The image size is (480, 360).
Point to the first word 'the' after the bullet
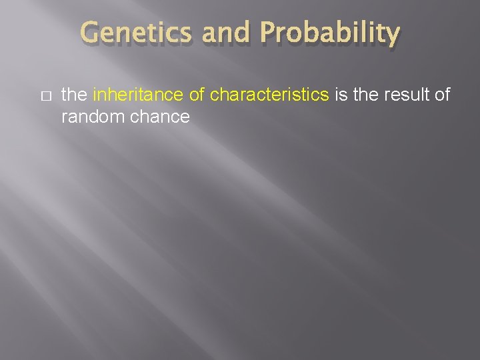[x=73, y=95]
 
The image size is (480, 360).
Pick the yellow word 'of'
[x=197, y=95]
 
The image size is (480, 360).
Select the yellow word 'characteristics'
[x=269, y=95]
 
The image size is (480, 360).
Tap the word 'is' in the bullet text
[x=341, y=95]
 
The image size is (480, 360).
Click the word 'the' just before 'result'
[x=365, y=95]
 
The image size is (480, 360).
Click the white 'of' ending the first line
[x=443, y=95]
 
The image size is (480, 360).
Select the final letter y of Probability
[x=393, y=35]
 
